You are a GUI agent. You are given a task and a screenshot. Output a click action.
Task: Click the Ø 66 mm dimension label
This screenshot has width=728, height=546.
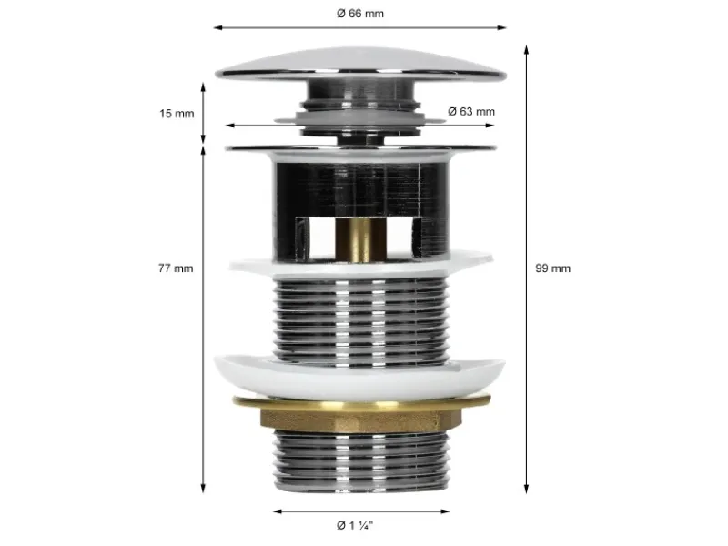click(x=360, y=14)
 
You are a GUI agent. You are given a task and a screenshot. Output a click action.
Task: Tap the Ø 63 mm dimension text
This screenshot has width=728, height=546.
click(x=471, y=111)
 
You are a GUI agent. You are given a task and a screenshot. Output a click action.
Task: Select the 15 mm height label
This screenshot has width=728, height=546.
click(x=177, y=113)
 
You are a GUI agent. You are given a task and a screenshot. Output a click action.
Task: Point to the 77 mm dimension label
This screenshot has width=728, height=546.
click(x=176, y=268)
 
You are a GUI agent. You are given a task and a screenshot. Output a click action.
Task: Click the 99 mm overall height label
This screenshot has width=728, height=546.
click(x=552, y=268)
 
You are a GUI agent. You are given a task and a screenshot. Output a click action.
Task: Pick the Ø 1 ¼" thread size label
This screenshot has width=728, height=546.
click(x=355, y=525)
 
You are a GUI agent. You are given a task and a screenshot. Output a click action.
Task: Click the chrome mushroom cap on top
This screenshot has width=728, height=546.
click(x=360, y=64)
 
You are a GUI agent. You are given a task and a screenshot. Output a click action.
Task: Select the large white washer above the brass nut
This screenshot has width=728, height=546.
click(x=359, y=376)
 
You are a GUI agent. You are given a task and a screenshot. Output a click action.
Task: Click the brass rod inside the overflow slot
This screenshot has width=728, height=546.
click(x=360, y=240)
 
